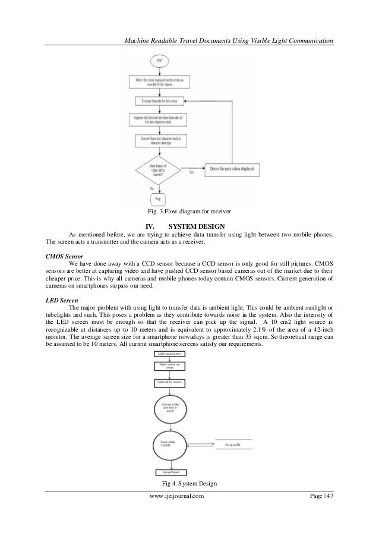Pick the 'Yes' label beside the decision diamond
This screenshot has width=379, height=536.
click(x=191, y=172)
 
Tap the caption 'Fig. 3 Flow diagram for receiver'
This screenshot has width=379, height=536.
click(x=190, y=212)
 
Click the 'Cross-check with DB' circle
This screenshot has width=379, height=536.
click(x=173, y=444)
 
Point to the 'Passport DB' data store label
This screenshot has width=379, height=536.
click(x=235, y=444)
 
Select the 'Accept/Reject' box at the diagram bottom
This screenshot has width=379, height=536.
click(x=172, y=473)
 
